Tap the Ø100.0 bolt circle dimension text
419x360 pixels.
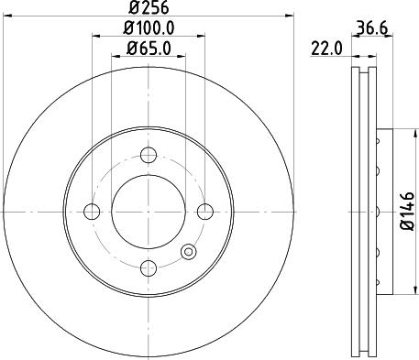[149, 29]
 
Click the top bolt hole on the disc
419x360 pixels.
[148, 156]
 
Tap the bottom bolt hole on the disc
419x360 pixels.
[148, 267]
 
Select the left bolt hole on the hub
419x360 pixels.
[92, 212]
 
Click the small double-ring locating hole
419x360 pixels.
[189, 252]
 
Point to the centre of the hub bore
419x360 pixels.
[148, 212]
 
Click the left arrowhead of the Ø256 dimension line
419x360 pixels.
[8, 16]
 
